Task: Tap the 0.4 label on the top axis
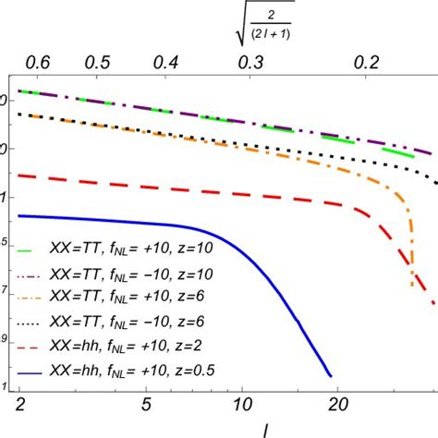coord(166,62)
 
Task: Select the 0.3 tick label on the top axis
coord(250,62)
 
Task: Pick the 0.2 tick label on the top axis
coord(368,62)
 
